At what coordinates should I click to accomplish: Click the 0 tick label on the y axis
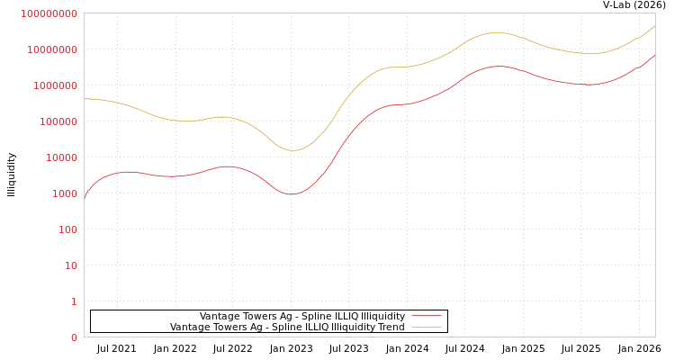[74, 337]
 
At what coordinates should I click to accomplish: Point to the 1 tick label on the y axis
[74, 301]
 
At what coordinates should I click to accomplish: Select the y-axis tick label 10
[71, 265]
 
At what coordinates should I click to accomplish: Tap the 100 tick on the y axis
[68, 229]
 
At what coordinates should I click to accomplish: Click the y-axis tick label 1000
[66, 193]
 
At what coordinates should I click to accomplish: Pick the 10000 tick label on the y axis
[63, 157]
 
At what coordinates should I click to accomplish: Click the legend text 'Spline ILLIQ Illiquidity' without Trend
[302, 316]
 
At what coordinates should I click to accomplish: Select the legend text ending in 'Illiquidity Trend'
[287, 327]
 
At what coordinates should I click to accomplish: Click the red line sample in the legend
[427, 316]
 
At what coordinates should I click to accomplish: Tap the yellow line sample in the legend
[427, 327]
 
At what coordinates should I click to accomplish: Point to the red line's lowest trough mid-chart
[292, 194]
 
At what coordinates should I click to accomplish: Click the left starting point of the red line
[85, 195]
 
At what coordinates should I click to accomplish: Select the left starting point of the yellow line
[85, 99]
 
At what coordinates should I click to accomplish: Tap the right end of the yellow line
[654, 25]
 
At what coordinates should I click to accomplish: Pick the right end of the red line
[654, 55]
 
